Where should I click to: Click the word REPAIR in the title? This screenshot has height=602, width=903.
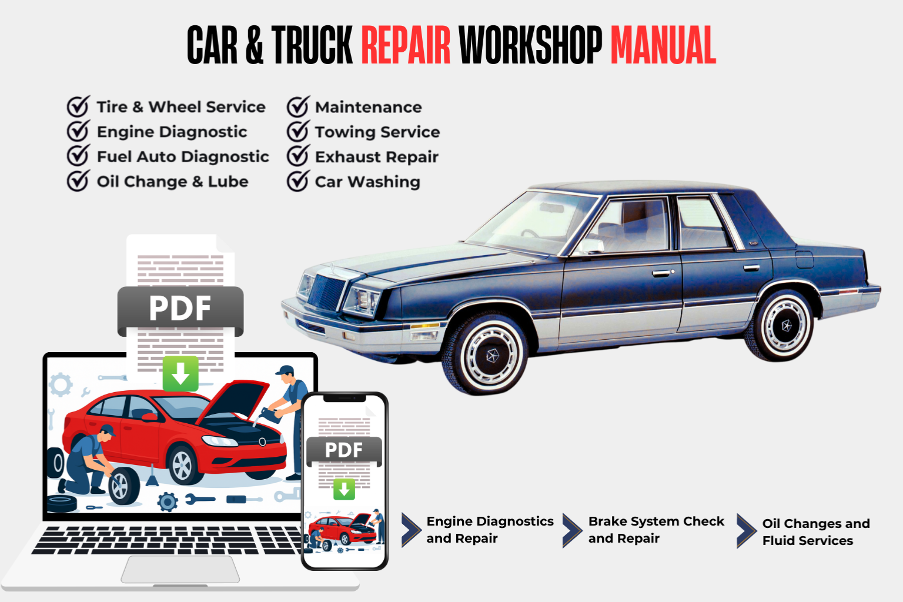(406, 45)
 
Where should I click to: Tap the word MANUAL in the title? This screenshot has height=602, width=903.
(663, 45)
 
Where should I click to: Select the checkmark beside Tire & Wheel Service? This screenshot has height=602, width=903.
(78, 107)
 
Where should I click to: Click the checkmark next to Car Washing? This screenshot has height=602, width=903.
(298, 181)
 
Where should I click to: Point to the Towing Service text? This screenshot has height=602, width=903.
(377, 132)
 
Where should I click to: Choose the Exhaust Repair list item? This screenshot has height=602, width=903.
(376, 157)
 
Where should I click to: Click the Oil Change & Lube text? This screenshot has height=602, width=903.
(172, 182)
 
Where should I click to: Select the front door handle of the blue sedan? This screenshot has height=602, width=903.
(663, 273)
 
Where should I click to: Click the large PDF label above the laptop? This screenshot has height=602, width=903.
(180, 309)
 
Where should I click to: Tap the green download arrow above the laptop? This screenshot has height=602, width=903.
(180, 373)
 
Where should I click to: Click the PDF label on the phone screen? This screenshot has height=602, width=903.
(344, 450)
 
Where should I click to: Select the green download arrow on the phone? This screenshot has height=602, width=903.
(344, 489)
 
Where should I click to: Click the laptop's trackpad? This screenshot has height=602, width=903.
(180, 569)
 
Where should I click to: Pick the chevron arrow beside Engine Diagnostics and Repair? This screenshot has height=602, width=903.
(410, 530)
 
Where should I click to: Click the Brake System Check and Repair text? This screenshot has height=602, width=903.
(655, 530)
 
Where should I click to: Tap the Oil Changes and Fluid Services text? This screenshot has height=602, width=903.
(815, 531)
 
